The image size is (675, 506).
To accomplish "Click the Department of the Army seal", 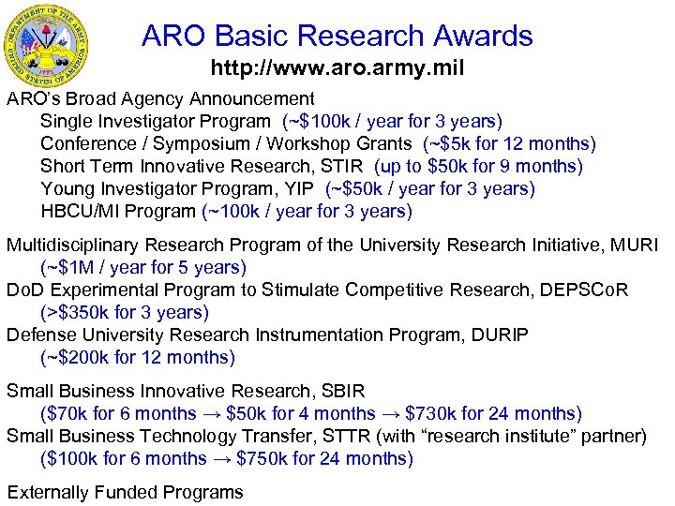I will (58, 44).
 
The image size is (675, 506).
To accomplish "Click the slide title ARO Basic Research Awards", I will (337, 36).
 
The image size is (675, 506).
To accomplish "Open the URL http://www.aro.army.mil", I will (337, 68).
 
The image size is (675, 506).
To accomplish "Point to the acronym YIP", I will (304, 188).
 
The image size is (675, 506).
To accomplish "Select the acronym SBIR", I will (342, 391).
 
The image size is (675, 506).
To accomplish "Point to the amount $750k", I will (262, 458).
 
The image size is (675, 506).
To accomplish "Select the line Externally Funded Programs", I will (125, 492).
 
